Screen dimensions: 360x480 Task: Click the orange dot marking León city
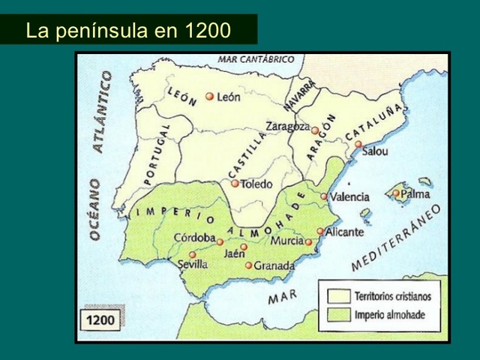(210, 97)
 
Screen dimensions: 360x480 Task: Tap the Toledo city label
(256, 184)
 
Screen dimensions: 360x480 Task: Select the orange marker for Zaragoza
(316, 130)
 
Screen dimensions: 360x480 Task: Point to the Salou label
(375, 151)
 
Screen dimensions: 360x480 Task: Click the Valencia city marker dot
(324, 196)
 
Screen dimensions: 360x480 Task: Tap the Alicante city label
(344, 232)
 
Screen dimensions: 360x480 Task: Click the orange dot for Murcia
(308, 241)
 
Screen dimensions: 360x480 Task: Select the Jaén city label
(235, 254)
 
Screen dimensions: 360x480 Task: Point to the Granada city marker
(249, 265)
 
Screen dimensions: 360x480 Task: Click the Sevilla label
(193, 265)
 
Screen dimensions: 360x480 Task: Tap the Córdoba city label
(195, 238)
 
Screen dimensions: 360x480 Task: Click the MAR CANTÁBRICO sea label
(256, 59)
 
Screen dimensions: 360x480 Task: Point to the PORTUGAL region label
(157, 154)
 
